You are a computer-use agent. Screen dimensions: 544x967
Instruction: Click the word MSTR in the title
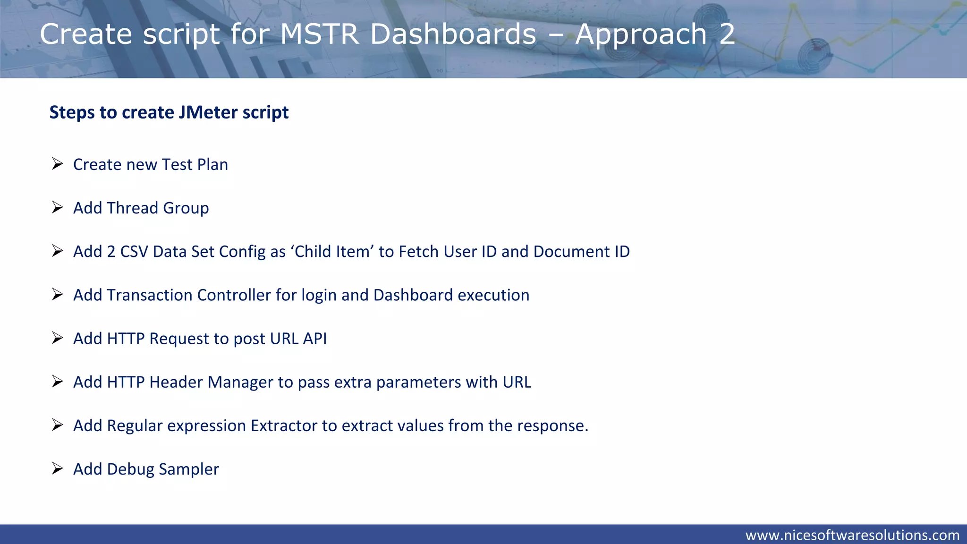pyautogui.click(x=320, y=34)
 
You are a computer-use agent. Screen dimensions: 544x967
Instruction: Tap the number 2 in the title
pyautogui.click(x=727, y=34)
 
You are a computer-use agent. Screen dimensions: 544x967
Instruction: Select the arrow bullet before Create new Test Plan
pyautogui.click(x=58, y=164)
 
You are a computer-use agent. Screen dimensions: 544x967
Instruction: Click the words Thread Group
pyautogui.click(x=158, y=208)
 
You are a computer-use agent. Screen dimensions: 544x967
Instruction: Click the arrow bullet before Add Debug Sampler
pyautogui.click(x=58, y=468)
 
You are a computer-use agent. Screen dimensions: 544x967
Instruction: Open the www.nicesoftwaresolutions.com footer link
pyautogui.click(x=852, y=535)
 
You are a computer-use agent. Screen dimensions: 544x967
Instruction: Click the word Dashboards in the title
pyautogui.click(x=453, y=34)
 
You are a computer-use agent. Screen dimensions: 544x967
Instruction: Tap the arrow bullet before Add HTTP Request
pyautogui.click(x=58, y=338)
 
